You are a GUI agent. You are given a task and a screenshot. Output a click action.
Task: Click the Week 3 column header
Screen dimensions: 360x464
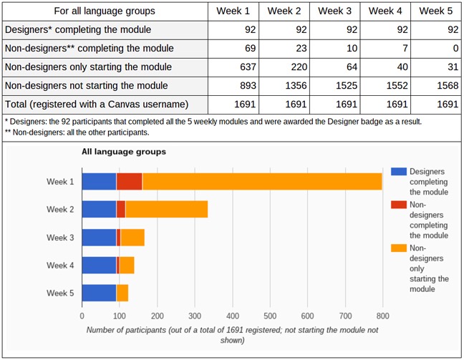tap(335, 11)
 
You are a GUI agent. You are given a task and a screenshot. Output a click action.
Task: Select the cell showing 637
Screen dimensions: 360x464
tap(234, 67)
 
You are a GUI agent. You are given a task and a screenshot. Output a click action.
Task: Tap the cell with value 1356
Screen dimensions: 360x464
tap(284, 85)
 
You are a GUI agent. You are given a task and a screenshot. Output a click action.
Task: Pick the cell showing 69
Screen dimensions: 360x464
tap(234, 49)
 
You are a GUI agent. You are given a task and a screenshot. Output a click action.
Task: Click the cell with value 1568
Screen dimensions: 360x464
tap(438, 85)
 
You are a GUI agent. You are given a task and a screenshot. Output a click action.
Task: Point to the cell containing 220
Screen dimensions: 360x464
tap(284, 67)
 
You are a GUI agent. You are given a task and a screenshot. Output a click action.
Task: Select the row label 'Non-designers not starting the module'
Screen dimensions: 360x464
tap(105, 85)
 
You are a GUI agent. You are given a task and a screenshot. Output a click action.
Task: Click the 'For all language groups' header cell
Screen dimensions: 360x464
tap(105, 11)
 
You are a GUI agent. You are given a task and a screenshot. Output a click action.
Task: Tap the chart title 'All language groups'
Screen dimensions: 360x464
tap(124, 152)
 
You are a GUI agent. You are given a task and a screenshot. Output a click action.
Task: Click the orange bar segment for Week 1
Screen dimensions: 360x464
tap(261, 182)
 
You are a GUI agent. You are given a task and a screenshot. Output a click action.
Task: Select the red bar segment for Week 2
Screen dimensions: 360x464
tap(120, 209)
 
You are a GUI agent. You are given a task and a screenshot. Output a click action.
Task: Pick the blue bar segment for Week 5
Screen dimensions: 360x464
tap(99, 293)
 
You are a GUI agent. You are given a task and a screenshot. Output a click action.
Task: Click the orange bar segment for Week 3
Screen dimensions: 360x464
tap(132, 238)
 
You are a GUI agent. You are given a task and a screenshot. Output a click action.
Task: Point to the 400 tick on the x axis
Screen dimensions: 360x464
tap(232, 314)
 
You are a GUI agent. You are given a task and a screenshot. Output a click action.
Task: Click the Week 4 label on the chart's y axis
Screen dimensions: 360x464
tap(60, 265)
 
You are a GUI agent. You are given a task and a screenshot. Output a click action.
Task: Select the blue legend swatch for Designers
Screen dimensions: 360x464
tap(399, 172)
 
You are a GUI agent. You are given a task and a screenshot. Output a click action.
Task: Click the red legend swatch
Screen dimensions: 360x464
tap(399, 205)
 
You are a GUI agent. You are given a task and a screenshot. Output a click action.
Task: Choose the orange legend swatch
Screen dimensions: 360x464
tap(399, 248)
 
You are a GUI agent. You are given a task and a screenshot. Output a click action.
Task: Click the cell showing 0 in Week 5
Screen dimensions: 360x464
tap(438, 49)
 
